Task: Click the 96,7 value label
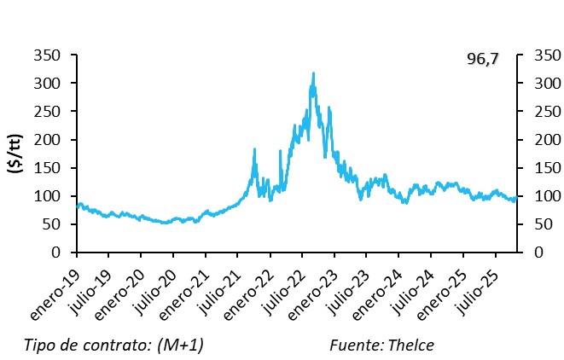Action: (x=482, y=59)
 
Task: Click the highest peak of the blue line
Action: (x=313, y=74)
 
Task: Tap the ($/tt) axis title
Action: (x=15, y=154)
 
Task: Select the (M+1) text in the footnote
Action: (x=178, y=345)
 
